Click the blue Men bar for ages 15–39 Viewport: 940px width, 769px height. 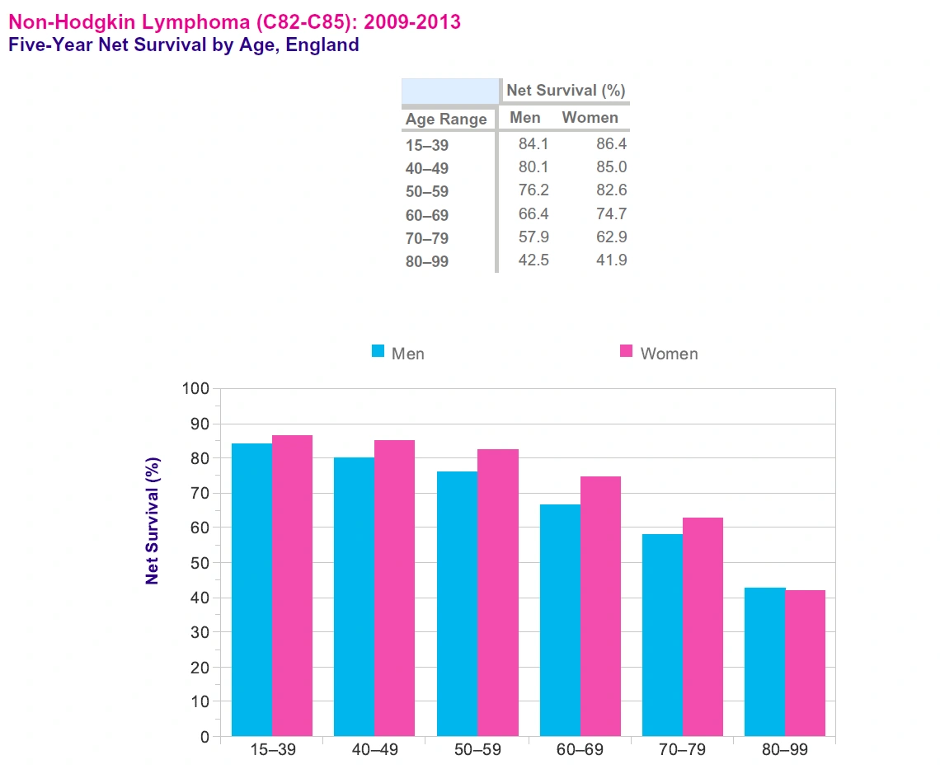click(x=251, y=589)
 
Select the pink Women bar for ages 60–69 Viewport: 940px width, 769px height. click(x=600, y=606)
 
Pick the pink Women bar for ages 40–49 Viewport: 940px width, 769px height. click(x=394, y=588)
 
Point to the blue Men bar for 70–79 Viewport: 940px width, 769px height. click(x=662, y=635)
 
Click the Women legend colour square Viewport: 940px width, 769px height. click(x=626, y=352)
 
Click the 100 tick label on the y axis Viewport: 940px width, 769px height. click(x=196, y=388)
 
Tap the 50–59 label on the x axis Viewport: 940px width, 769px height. click(x=477, y=750)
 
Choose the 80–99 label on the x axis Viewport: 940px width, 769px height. click(x=784, y=750)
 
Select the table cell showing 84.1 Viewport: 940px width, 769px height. click(x=533, y=144)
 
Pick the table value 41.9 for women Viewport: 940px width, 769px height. click(x=611, y=260)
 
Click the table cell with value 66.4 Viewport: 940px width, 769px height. click(x=533, y=214)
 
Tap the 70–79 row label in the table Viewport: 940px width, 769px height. click(x=427, y=240)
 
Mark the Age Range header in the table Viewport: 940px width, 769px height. click(x=446, y=120)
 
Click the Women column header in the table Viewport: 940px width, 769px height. click(x=590, y=117)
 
